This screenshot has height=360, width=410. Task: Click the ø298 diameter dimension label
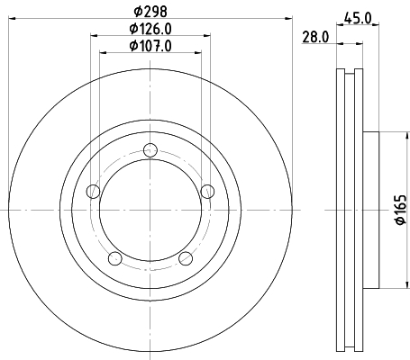tap(150, 12)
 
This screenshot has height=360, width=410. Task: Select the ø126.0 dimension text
tap(150, 29)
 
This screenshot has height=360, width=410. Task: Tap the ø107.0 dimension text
tap(150, 46)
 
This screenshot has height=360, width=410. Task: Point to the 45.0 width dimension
tap(358, 19)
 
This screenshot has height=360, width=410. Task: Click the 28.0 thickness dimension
tap(315, 37)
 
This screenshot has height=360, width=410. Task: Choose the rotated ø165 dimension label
tap(401, 210)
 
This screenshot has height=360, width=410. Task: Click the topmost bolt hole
tap(150, 150)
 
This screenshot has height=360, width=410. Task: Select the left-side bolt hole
tap(93, 192)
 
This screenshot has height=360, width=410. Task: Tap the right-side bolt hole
tap(207, 192)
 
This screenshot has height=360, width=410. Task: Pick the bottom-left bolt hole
tap(115, 258)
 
